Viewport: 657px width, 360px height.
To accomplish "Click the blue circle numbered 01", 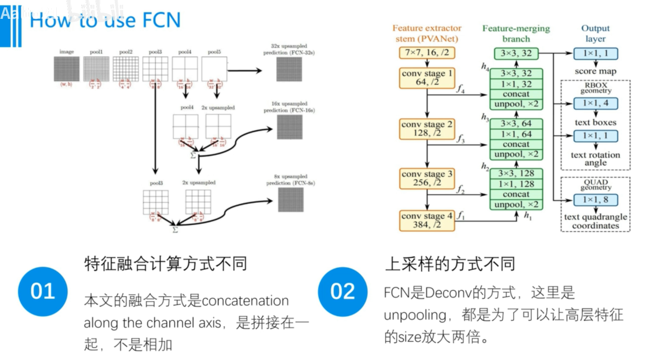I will tap(42, 291).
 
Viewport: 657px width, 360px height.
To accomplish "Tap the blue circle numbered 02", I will tap(342, 291).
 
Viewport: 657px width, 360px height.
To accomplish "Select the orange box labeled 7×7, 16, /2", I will tap(427, 52).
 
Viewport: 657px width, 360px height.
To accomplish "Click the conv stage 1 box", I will tap(427, 77).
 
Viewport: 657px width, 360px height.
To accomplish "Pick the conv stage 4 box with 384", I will tap(427, 220).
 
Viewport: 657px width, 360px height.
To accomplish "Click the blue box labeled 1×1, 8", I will tap(595, 200).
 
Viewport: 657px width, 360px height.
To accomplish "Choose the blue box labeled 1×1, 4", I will tap(595, 103).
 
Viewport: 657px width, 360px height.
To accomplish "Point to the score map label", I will tap(595, 71).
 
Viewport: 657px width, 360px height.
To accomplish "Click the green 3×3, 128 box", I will tap(516, 173).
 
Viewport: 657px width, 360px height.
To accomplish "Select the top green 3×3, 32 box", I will tap(516, 53).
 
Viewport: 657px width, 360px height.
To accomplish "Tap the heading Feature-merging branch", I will tap(516, 33).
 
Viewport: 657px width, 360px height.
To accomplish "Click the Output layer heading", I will tap(595, 33).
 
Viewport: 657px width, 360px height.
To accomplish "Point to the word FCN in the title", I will tap(161, 20).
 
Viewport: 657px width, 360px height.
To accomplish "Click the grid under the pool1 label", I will tap(96, 69).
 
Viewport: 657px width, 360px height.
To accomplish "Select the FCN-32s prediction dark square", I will tap(289, 69).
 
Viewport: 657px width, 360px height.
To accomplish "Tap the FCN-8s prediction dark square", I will tap(291, 200).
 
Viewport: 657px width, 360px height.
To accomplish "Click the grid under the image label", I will tap(66, 69).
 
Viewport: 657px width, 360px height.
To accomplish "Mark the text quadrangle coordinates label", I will tap(595, 221).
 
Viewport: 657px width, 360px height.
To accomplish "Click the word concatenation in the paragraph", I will tap(245, 301).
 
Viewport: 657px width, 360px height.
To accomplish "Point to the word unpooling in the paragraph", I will tap(415, 315).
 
